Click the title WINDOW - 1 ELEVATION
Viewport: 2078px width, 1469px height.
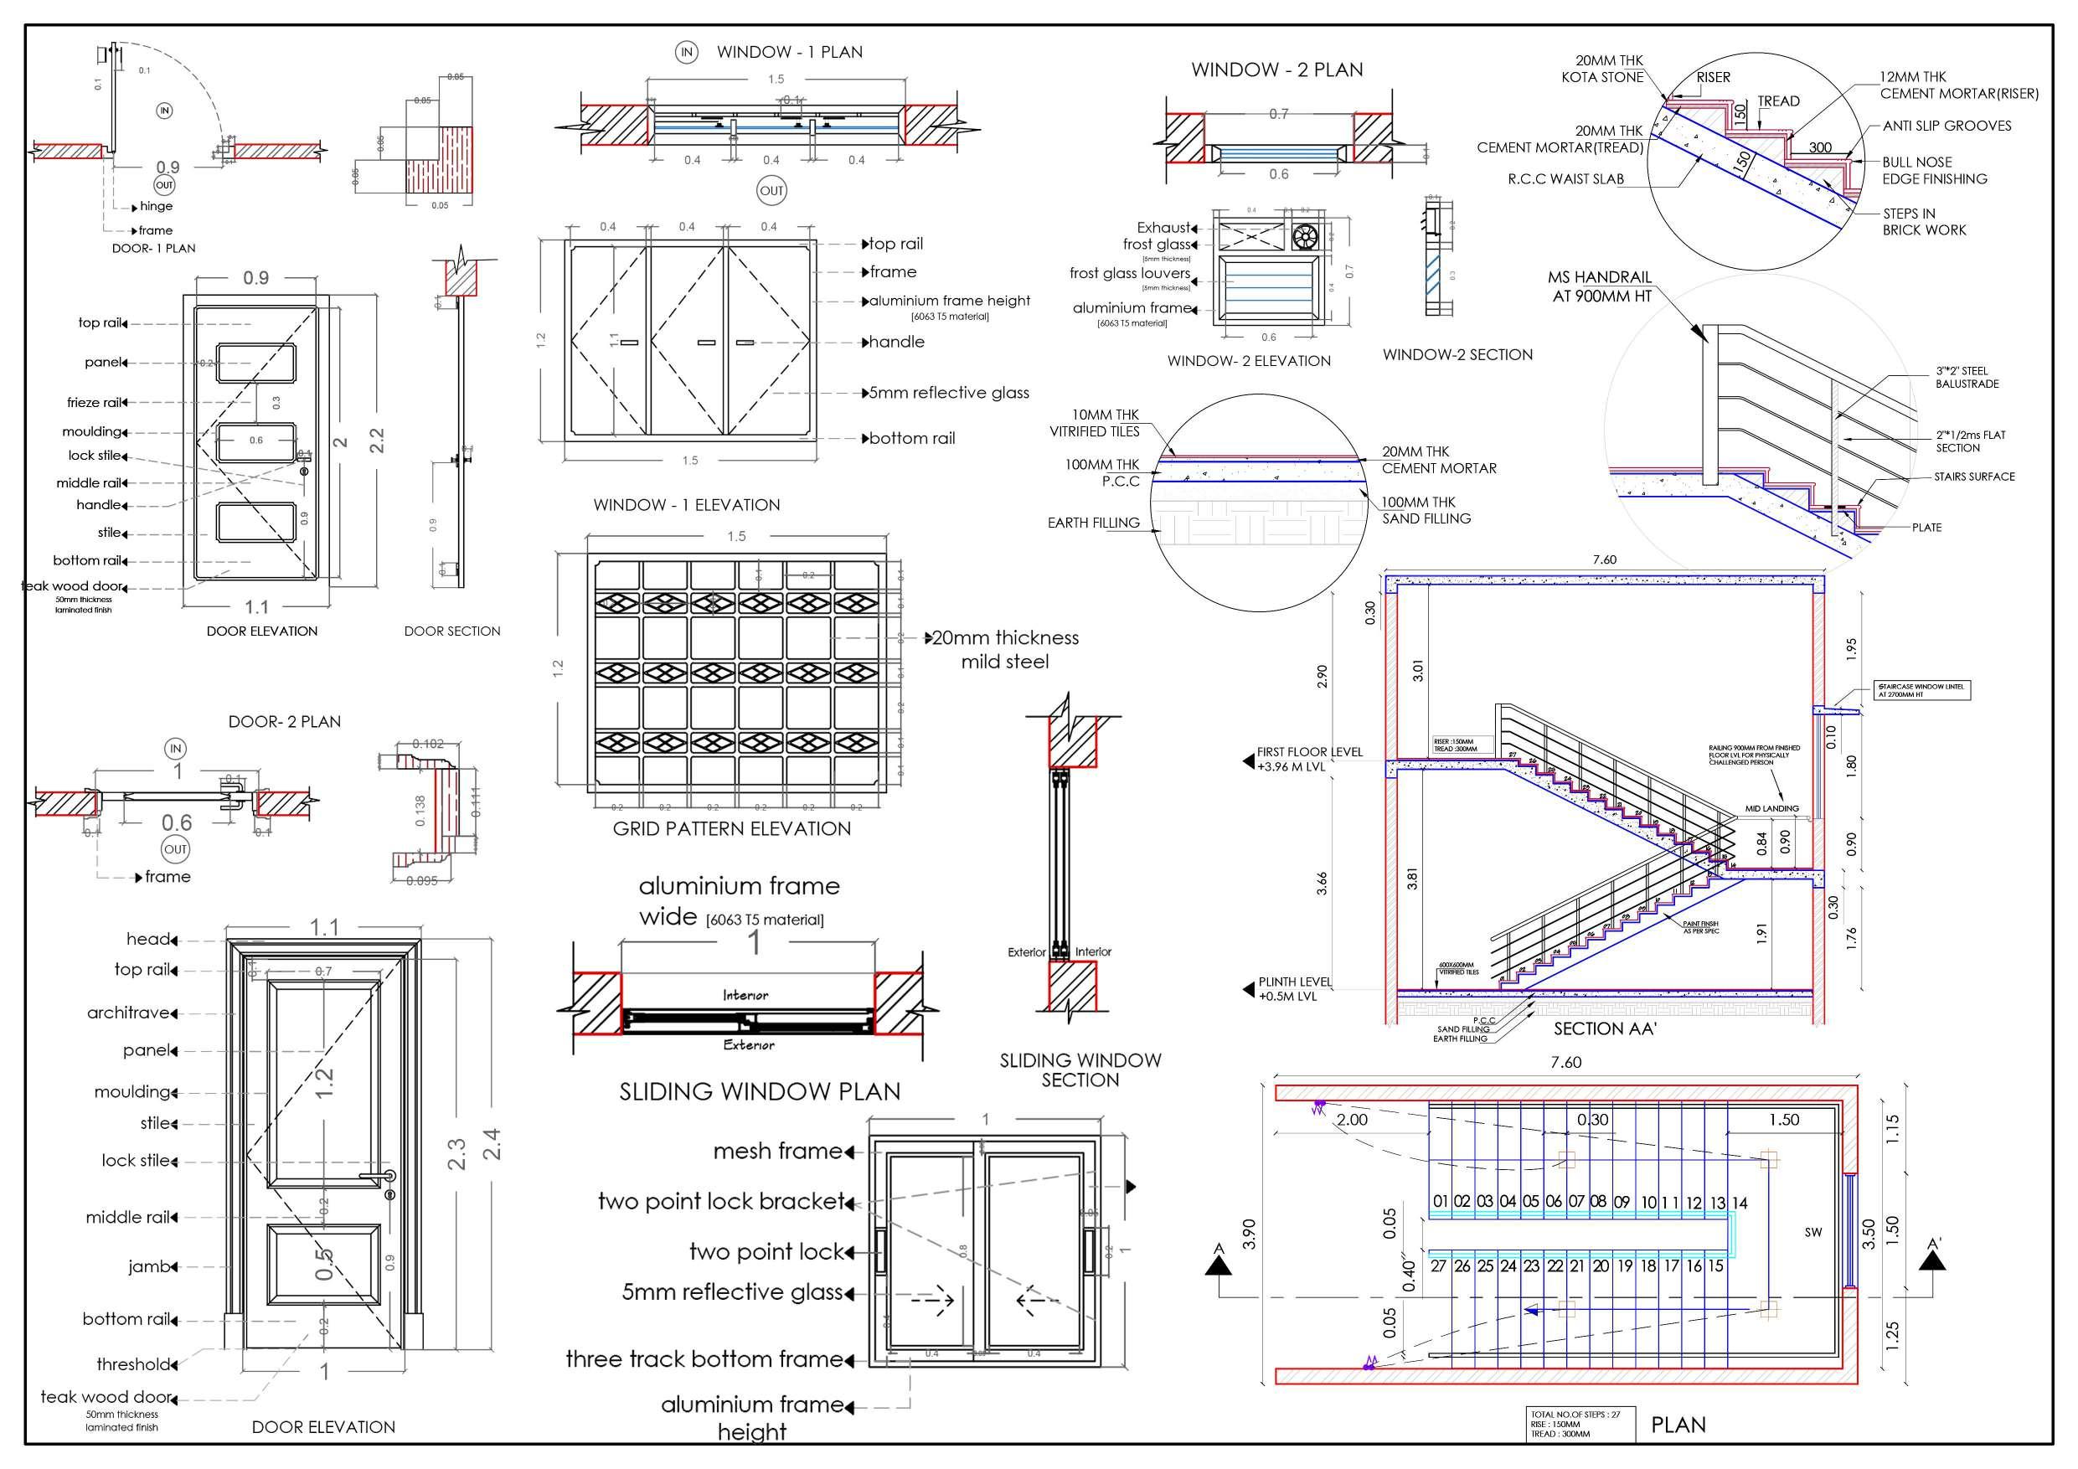(x=686, y=505)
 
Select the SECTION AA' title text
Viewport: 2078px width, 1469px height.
(x=1605, y=1029)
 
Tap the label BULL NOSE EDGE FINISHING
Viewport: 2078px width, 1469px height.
(x=1934, y=170)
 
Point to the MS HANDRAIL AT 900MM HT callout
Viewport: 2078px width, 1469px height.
(x=1599, y=286)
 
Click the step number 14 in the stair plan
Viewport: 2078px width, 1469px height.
(x=1739, y=1203)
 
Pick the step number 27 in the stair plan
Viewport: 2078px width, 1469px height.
(x=1438, y=1266)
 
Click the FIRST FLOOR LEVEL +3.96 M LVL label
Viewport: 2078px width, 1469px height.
(x=1309, y=760)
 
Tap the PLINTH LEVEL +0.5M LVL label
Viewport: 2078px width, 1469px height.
(x=1294, y=989)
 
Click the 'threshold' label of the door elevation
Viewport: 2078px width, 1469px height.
(x=133, y=1364)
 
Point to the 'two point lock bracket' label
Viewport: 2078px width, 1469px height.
(x=720, y=1201)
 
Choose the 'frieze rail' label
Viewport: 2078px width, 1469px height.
(x=94, y=403)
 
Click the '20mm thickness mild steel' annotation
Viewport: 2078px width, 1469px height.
(x=1004, y=649)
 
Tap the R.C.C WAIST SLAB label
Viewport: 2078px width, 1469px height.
(x=1565, y=179)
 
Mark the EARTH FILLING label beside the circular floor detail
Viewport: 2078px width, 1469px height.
(x=1093, y=523)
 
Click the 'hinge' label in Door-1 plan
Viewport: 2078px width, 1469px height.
(x=156, y=206)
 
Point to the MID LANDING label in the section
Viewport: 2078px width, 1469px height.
(x=1771, y=808)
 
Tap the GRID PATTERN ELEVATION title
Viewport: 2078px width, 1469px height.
(x=731, y=828)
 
